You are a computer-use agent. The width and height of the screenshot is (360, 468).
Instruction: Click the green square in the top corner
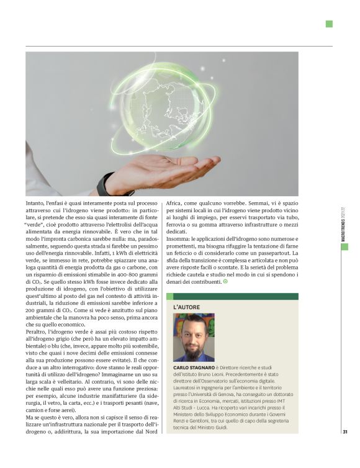329,24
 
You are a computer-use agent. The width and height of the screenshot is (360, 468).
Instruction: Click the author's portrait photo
194,338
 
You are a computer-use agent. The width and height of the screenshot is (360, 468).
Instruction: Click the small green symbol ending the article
225,282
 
